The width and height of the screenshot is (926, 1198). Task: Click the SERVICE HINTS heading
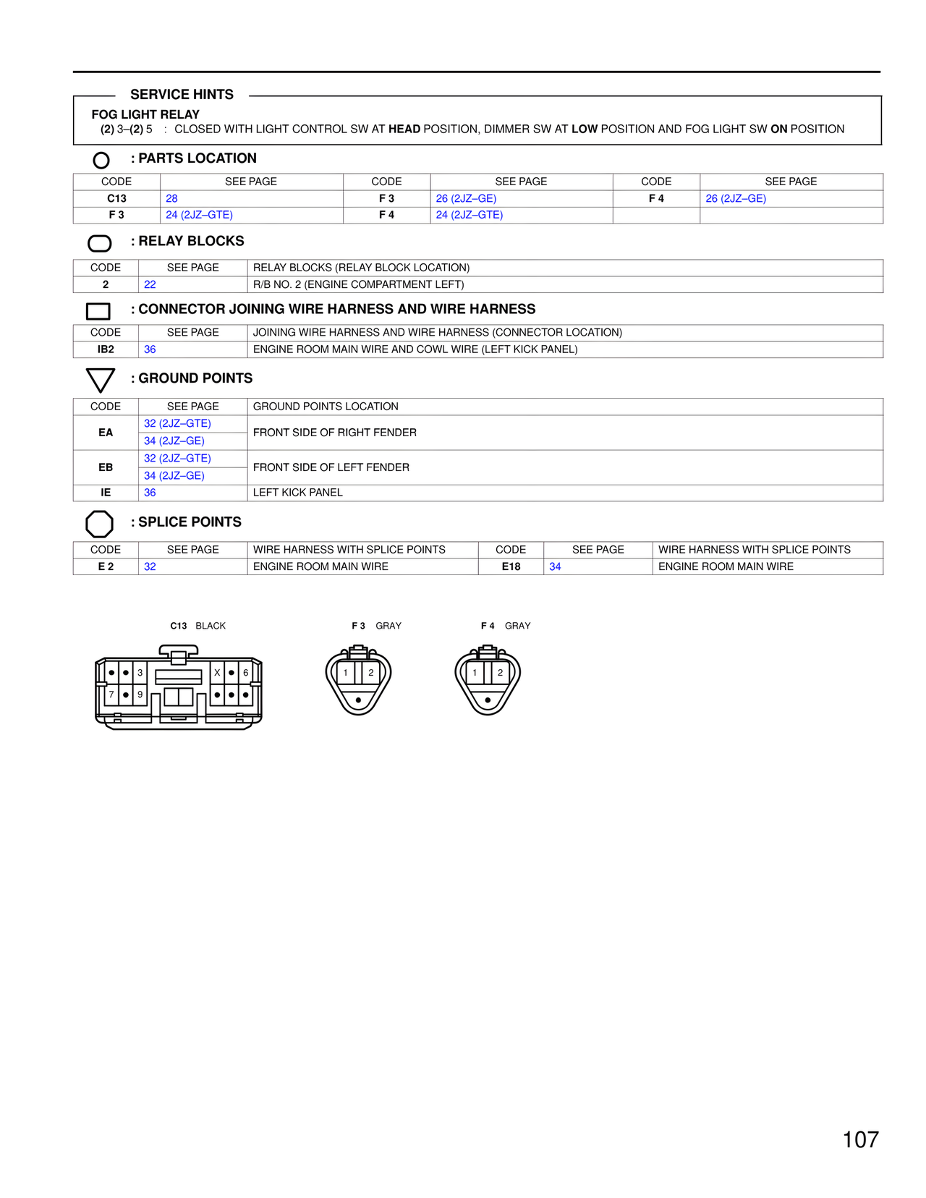182,95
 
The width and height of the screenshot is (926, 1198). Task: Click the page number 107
860,1139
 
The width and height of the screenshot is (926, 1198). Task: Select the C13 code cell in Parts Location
116,198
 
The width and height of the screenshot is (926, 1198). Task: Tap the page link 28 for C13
171,198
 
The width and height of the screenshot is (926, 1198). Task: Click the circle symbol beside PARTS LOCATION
101,160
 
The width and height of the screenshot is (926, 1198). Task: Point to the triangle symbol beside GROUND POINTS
100,379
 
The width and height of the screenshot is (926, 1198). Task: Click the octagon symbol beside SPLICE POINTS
100,524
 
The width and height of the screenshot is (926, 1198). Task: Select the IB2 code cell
106,349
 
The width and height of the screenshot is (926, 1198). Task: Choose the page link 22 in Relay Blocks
150,284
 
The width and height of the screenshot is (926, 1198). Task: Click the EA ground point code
106,433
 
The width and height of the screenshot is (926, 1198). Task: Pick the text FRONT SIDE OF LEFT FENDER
331,467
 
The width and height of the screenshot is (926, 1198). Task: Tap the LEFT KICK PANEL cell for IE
298,493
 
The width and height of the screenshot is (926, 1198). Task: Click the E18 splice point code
511,566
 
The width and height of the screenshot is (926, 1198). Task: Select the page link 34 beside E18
555,566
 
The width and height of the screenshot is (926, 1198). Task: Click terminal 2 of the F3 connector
371,673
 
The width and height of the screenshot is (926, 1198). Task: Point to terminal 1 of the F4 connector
475,673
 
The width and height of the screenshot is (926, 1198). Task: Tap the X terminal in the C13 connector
217,673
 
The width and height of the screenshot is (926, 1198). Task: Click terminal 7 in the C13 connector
111,694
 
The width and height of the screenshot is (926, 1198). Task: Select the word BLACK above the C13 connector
211,626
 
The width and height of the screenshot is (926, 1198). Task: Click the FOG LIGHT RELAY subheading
145,114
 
